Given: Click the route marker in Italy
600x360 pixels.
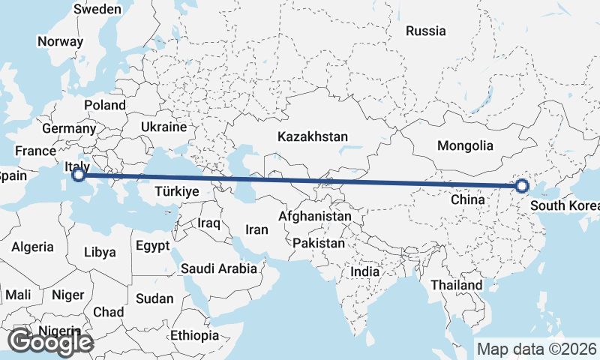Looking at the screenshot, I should click(x=78, y=175).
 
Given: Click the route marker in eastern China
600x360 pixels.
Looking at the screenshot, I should click(x=522, y=186).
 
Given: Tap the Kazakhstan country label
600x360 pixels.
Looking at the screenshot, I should click(x=313, y=137).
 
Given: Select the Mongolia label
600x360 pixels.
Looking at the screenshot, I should click(x=466, y=145).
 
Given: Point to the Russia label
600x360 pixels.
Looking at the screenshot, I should click(x=425, y=31).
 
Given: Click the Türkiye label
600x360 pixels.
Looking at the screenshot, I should click(x=176, y=191).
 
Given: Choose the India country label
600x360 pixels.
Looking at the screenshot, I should click(x=370, y=271).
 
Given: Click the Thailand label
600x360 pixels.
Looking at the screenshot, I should click(x=457, y=286).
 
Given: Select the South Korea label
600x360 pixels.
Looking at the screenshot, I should click(x=564, y=205).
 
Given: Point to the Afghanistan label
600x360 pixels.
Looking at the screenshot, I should click(x=314, y=217).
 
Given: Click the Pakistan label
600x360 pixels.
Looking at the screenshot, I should click(x=319, y=243).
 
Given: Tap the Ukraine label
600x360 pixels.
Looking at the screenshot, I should click(x=163, y=127).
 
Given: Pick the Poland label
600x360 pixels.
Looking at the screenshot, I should click(x=105, y=105).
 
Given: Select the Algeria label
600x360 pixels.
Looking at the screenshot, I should click(x=32, y=246).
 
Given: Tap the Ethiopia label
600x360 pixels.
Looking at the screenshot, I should click(x=194, y=335).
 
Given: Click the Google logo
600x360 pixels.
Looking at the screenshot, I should click(x=50, y=342).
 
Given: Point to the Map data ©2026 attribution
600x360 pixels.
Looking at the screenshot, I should click(x=537, y=349).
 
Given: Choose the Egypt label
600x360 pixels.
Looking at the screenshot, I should click(x=153, y=245).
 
